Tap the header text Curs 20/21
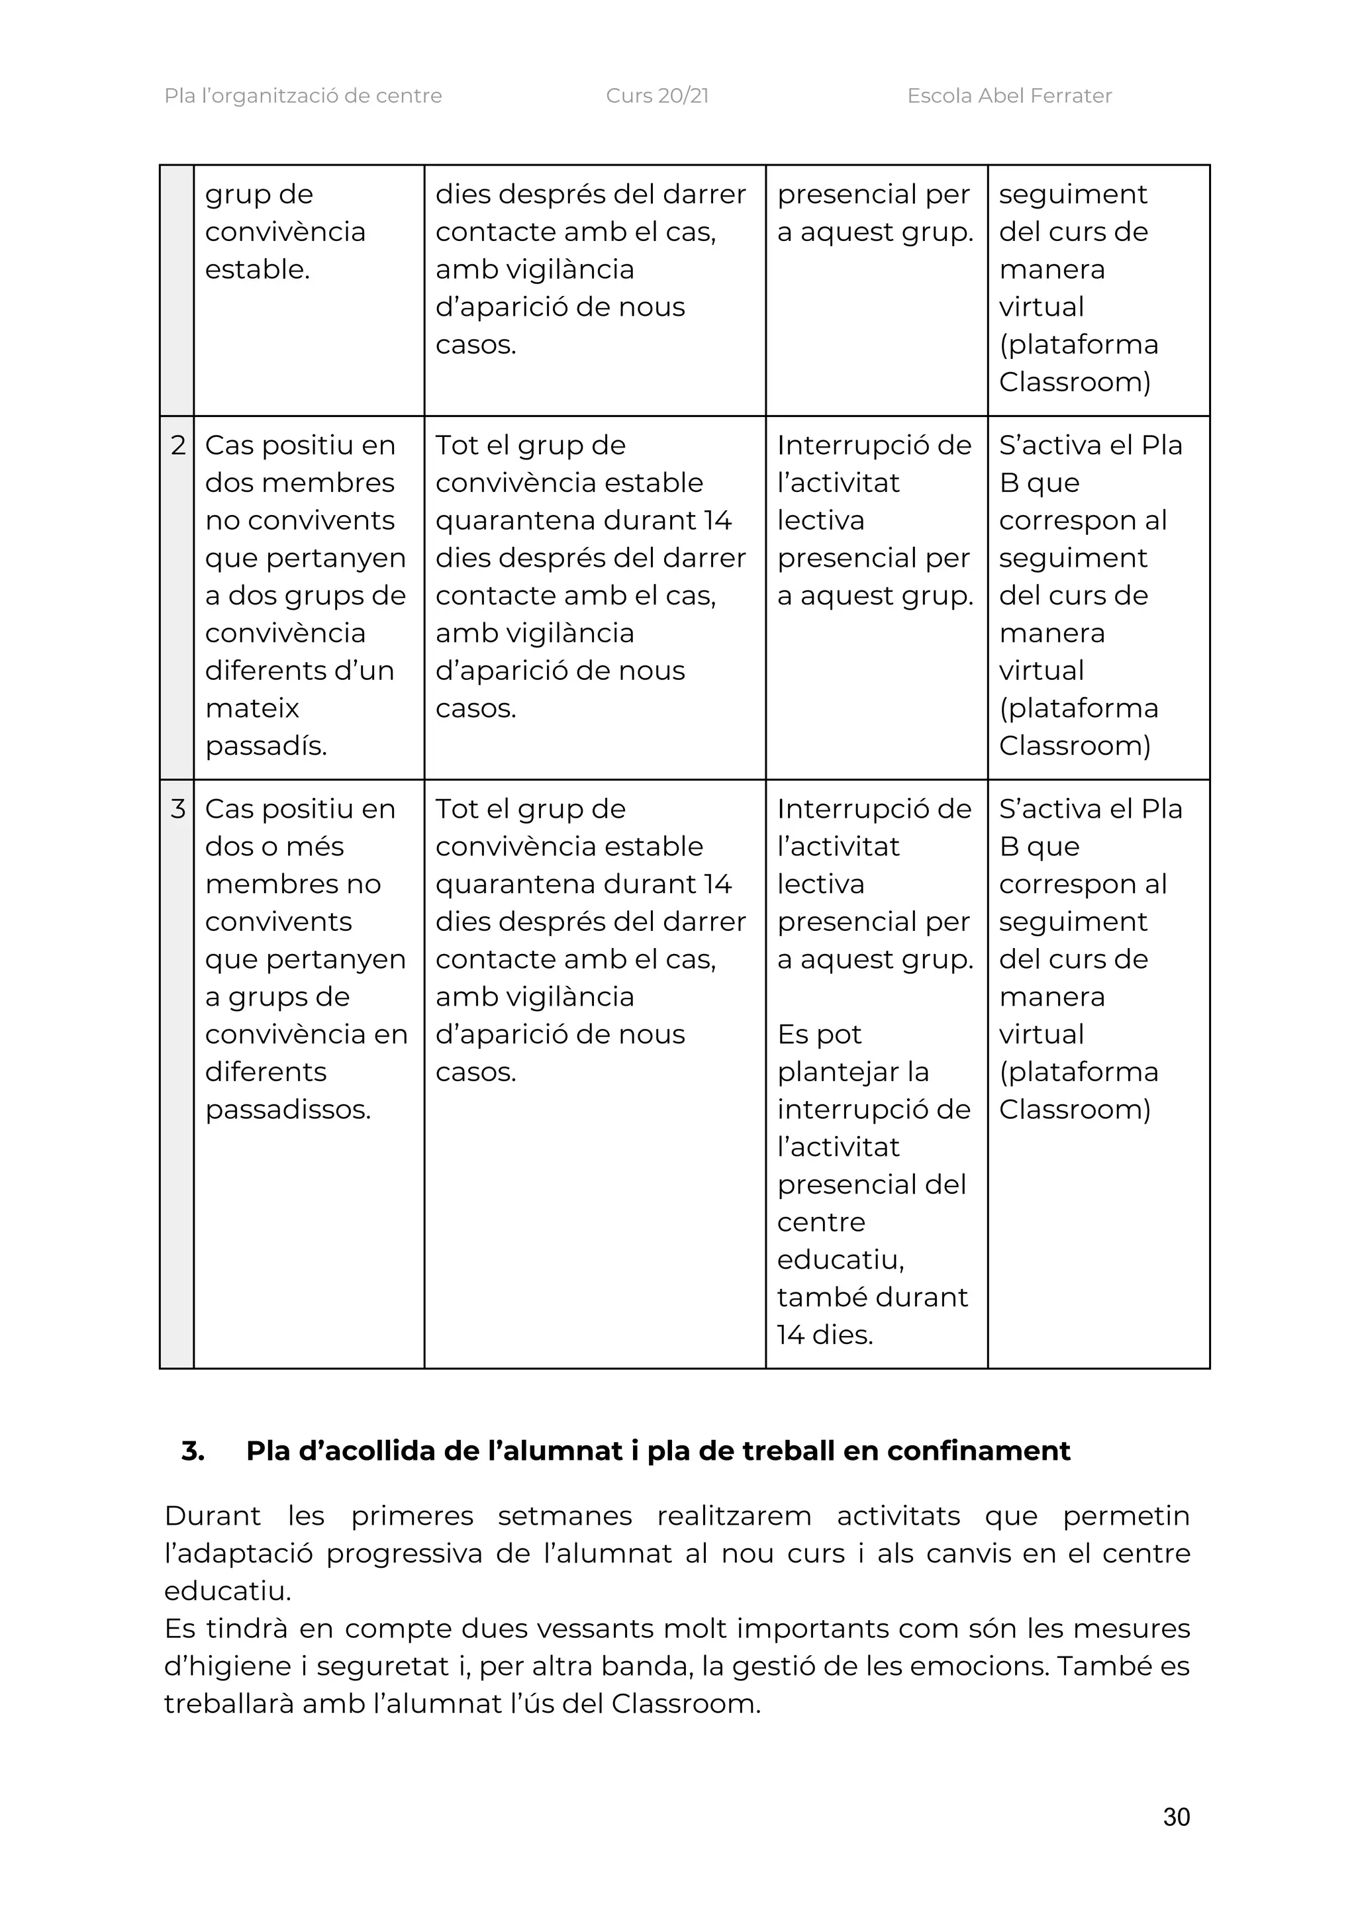(x=657, y=96)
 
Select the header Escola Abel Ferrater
(x=1008, y=96)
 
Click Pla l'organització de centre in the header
(x=303, y=96)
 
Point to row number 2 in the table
(x=177, y=446)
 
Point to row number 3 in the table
(x=177, y=808)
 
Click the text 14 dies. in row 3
(x=824, y=1334)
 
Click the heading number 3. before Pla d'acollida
(x=193, y=1451)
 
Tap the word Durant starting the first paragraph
(x=213, y=1515)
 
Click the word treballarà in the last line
(x=228, y=1703)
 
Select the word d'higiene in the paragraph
(x=227, y=1666)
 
